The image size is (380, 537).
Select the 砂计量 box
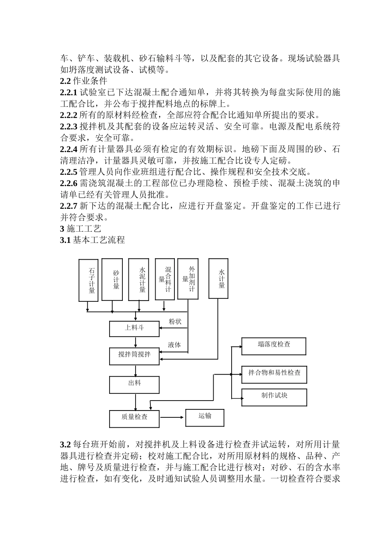pyautogui.click(x=112, y=279)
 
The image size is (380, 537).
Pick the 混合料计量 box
pyautogui.click(x=165, y=279)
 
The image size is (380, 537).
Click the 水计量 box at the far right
pyautogui.click(x=218, y=279)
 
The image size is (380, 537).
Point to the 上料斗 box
pyautogui.click(x=134, y=328)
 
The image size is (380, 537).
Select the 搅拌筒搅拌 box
pyautogui.click(x=134, y=355)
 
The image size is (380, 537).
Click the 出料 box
pyautogui.click(x=134, y=384)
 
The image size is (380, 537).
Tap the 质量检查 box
pyautogui.click(x=134, y=418)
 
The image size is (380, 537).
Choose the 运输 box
pyautogui.click(x=204, y=417)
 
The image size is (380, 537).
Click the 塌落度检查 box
pyautogui.click(x=274, y=346)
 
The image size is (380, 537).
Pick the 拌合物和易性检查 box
pyautogui.click(x=274, y=374)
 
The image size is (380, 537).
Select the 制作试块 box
pyautogui.click(x=274, y=397)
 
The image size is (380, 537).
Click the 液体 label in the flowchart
pyautogui.click(x=174, y=345)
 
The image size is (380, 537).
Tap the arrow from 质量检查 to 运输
pyautogui.click(x=172, y=418)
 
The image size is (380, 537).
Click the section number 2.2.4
pyautogui.click(x=68, y=150)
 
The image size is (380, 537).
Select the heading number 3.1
pyautogui.click(x=65, y=240)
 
